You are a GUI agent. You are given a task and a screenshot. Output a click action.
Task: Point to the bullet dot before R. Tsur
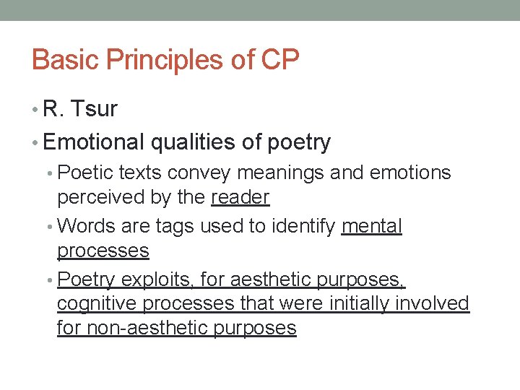pos(36,110)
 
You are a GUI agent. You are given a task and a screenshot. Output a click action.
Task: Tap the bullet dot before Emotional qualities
pos(36,143)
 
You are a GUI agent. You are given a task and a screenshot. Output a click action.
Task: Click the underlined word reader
pos(240,196)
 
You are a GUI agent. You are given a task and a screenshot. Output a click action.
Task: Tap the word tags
pos(175,227)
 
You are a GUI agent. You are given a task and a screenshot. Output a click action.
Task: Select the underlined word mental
pos(371,226)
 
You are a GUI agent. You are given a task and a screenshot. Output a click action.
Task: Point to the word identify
pos(303,227)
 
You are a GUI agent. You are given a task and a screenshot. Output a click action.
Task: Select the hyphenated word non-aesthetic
pos(148,328)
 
